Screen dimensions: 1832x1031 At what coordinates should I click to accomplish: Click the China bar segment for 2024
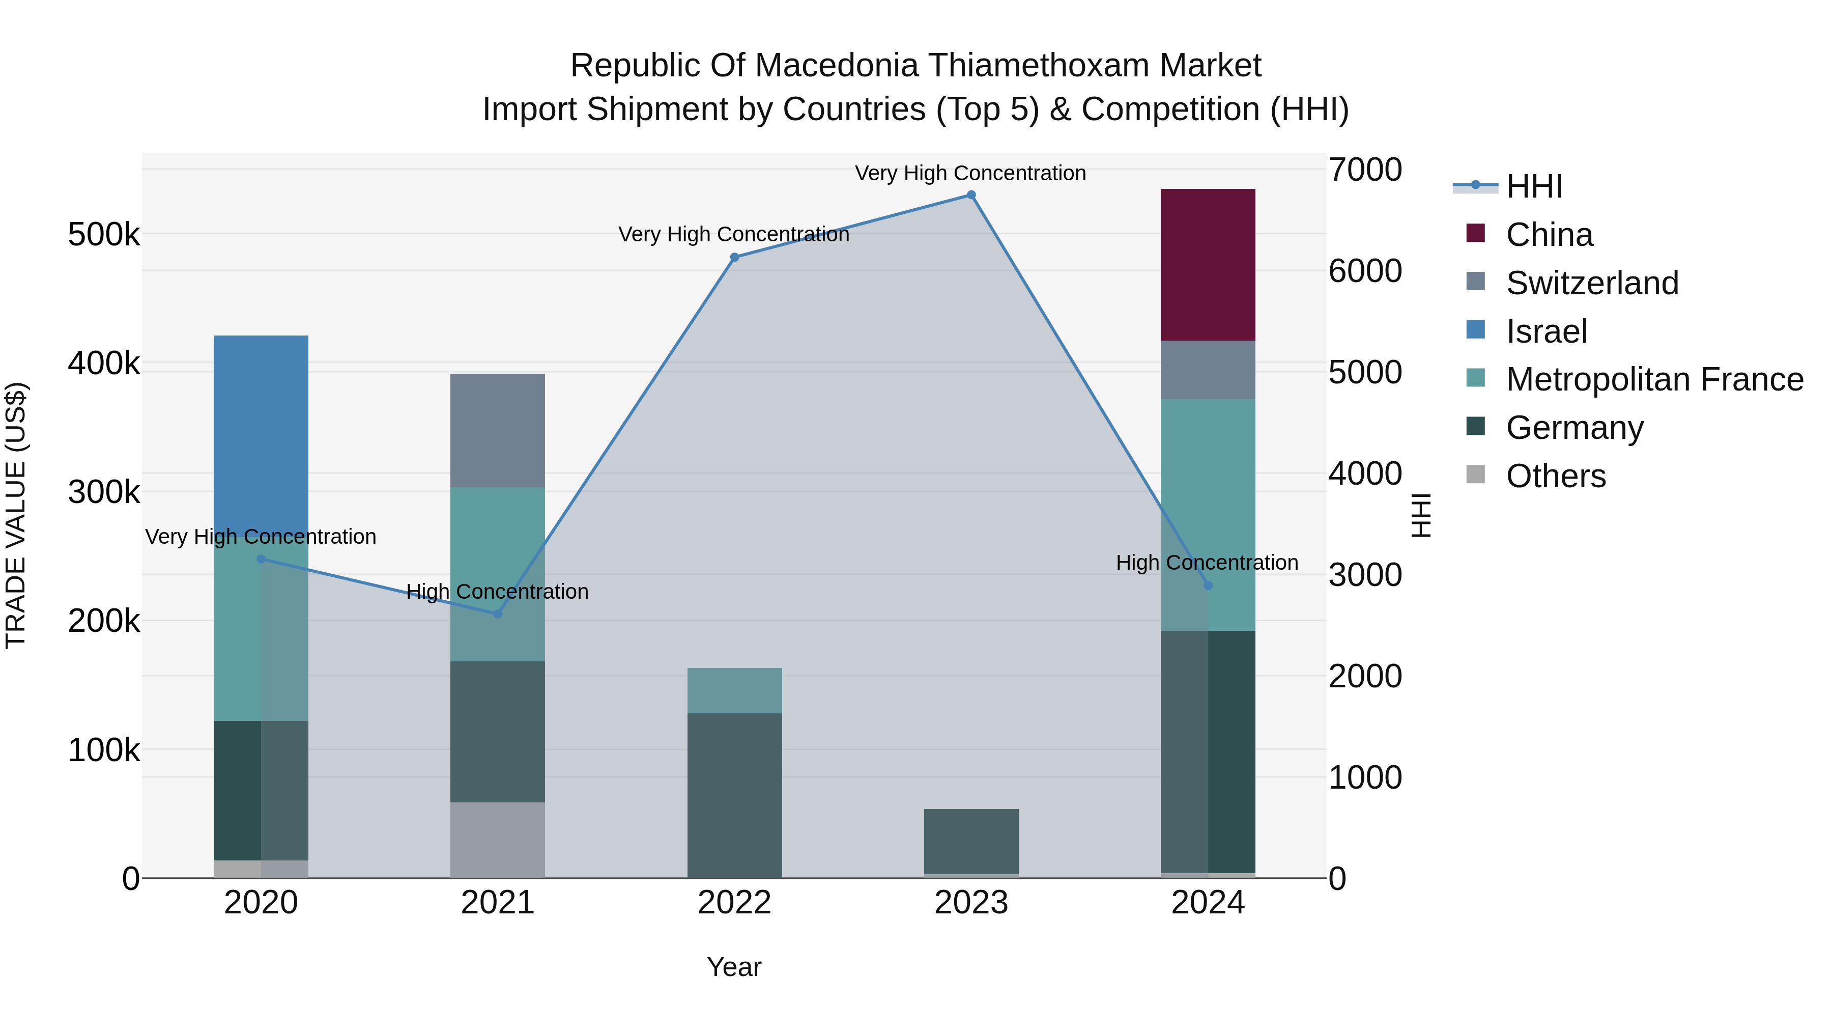point(1208,265)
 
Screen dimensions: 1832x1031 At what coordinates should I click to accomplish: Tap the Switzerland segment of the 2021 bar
point(498,430)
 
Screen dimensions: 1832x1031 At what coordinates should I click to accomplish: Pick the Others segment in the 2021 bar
point(498,840)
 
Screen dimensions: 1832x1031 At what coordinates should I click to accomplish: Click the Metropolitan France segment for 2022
point(735,691)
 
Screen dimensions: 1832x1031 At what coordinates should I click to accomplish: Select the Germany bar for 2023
point(971,842)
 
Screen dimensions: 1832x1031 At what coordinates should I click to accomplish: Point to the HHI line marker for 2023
point(971,195)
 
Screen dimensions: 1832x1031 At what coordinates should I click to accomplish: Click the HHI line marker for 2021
point(498,614)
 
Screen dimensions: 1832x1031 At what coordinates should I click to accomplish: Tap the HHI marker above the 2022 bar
point(735,258)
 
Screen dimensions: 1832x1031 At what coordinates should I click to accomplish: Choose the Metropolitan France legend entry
point(1634,379)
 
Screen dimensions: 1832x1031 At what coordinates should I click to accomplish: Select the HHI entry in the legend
point(1508,186)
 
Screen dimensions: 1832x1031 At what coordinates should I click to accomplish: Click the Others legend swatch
point(1476,475)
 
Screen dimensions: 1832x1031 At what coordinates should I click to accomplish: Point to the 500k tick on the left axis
point(104,234)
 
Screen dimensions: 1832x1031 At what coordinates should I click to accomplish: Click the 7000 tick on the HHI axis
point(1365,170)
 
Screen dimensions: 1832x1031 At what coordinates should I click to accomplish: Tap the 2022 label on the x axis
point(735,903)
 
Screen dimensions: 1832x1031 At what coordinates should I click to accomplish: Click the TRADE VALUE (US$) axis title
point(16,516)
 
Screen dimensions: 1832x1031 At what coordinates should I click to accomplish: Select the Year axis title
point(735,967)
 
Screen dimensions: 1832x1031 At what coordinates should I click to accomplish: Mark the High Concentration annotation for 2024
point(1208,562)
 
